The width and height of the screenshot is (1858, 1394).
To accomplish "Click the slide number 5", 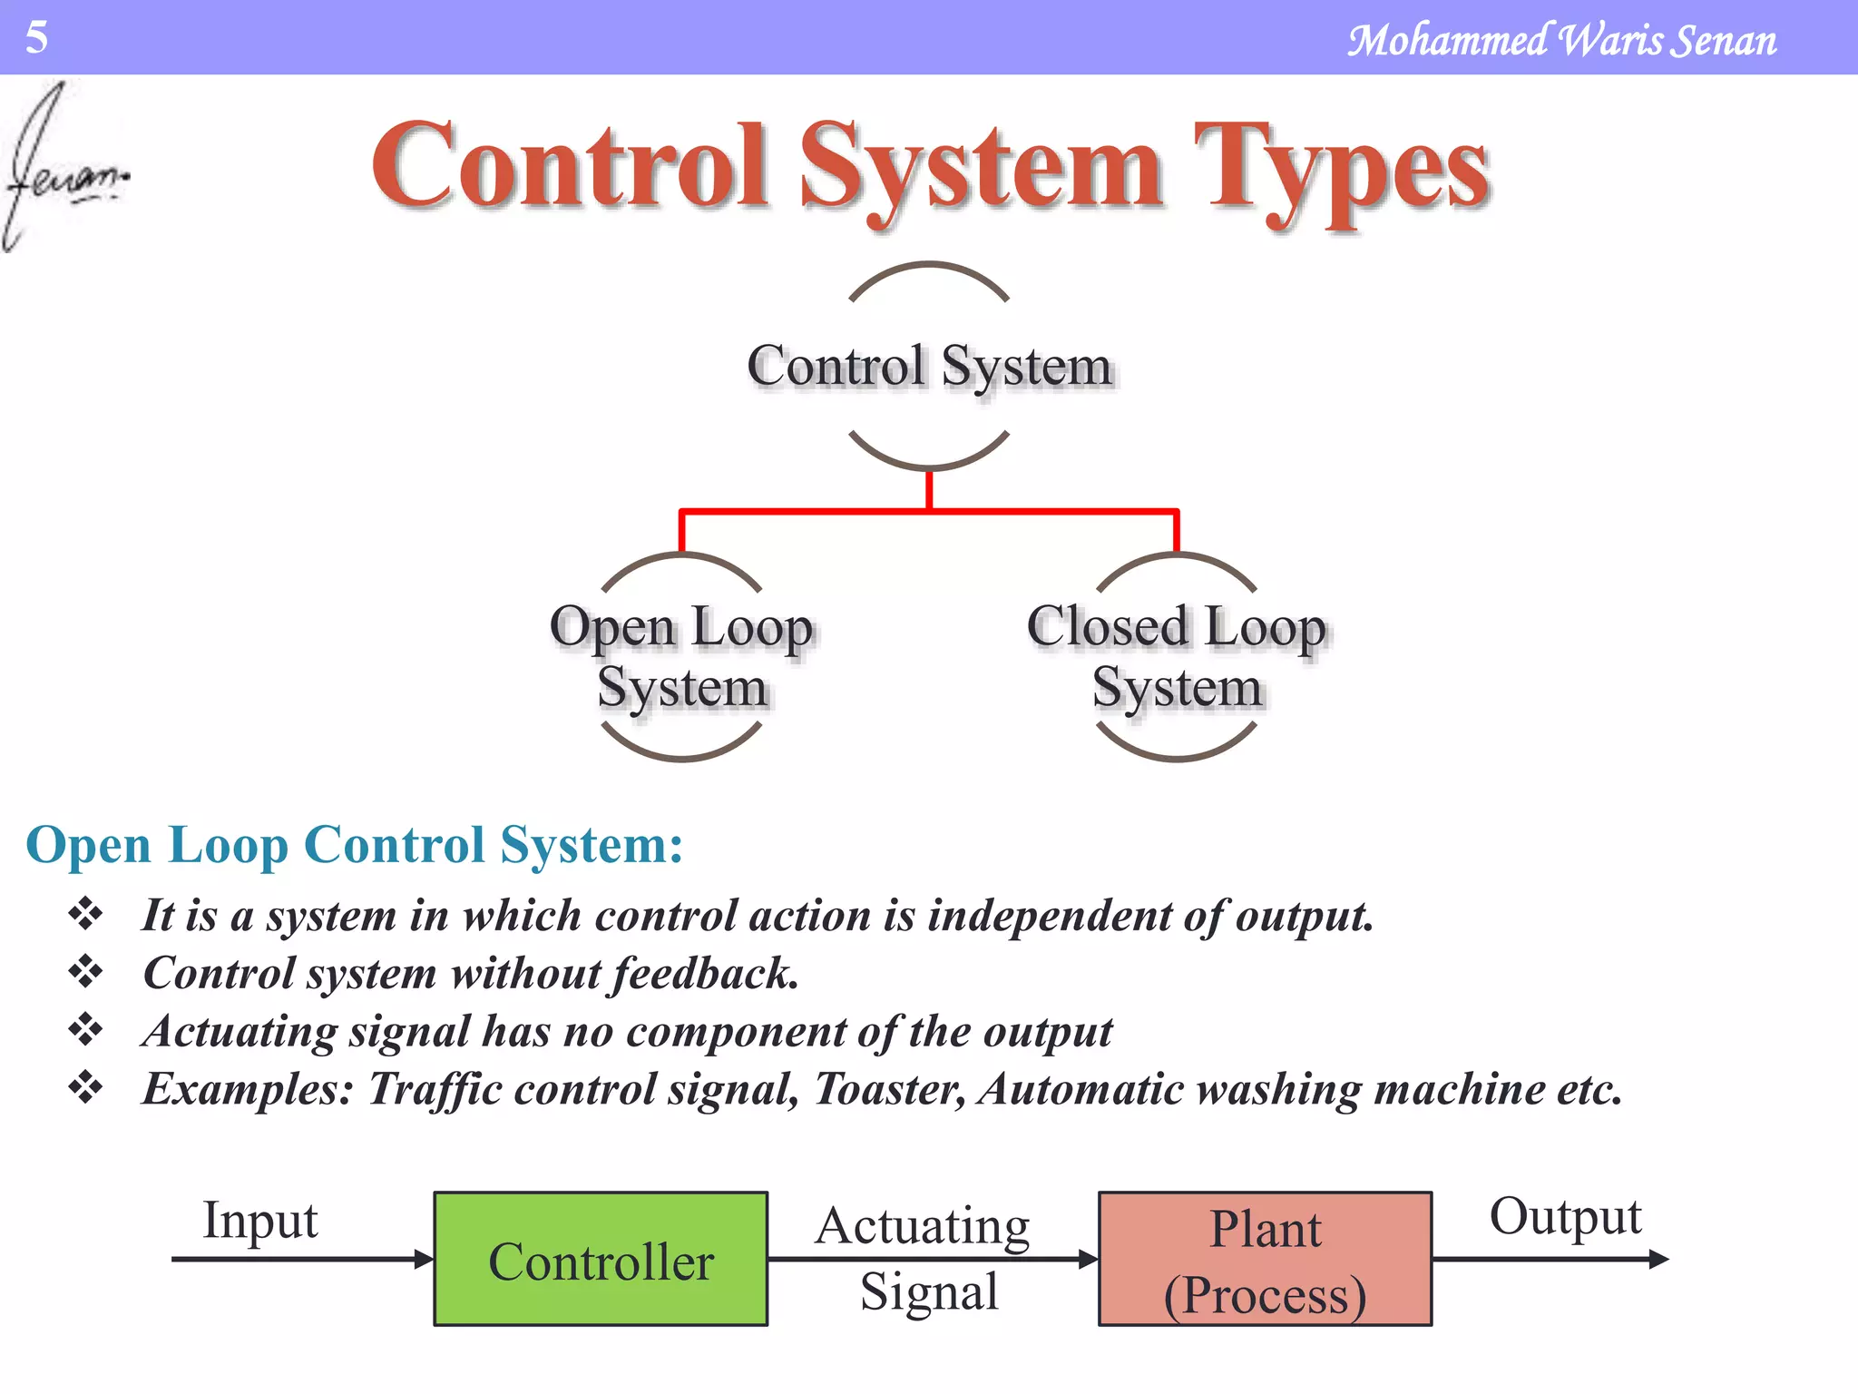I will point(36,37).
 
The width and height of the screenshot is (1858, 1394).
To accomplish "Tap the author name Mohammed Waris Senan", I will point(1560,41).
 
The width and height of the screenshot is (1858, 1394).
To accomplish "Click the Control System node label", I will point(929,366).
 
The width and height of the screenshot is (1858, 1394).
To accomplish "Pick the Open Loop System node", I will point(681,656).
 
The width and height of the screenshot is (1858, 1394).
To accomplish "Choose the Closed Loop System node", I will point(1177,656).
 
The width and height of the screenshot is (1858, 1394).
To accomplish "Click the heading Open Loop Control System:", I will point(355,845).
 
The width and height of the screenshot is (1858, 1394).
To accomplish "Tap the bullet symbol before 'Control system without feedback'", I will point(85,972).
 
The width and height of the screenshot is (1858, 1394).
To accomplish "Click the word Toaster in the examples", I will point(888,1089).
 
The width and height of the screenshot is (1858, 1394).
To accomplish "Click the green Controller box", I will point(601,1259).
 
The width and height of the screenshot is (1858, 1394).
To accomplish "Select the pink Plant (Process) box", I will point(1265,1259).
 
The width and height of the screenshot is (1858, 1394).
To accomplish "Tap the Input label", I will point(259,1220).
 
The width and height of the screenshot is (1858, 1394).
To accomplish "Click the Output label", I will point(1565,1216).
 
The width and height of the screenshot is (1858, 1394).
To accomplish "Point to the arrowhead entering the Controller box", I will point(424,1259).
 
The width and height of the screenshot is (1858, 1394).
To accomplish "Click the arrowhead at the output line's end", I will point(1658,1259).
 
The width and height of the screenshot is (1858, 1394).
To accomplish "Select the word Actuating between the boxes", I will point(922,1226).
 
